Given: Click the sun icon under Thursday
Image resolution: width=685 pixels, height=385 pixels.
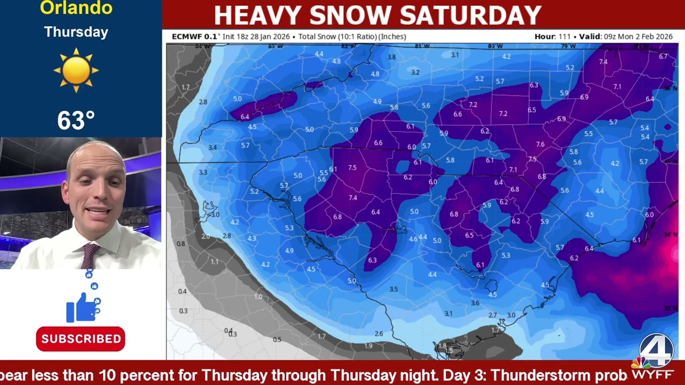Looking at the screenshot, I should coord(76,70).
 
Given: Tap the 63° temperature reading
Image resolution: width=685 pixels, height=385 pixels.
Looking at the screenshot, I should coord(76,120).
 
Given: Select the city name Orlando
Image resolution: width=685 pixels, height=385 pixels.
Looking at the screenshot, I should coord(76,8).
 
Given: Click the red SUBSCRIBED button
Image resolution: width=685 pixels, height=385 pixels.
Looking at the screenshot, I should coord(81,339).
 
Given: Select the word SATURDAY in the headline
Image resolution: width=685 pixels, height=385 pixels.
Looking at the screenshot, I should coord(471,15).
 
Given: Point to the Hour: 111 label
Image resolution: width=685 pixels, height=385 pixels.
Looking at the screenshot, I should coord(552,37).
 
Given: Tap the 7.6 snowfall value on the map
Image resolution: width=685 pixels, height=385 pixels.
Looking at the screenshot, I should coord(540,144).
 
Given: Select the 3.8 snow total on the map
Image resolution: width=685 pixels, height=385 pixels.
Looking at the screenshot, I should coord(391,57).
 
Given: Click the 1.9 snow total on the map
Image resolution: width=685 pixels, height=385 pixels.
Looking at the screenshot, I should coord(368,346).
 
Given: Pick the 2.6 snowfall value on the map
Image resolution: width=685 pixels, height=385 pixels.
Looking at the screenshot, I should coord(379,334).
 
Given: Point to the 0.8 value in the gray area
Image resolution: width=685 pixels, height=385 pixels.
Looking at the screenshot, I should coord(181,244).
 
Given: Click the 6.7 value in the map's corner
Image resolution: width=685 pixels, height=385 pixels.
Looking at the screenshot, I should coord(664,56).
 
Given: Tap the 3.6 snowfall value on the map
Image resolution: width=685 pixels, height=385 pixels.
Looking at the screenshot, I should coord(475,303).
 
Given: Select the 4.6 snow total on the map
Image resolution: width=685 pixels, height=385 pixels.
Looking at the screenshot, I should coord(413,239).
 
